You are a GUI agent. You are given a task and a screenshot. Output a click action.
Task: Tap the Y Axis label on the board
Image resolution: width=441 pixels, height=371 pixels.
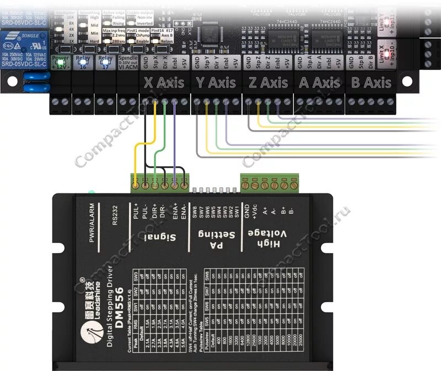click(x=216, y=83)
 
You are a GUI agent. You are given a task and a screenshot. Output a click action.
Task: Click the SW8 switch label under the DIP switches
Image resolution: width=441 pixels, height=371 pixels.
click(x=195, y=212)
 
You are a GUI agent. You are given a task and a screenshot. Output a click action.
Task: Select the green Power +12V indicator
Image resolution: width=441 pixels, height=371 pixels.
click(x=60, y=61)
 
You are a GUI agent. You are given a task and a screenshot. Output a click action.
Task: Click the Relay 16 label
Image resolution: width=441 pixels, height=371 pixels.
click(x=83, y=61)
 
